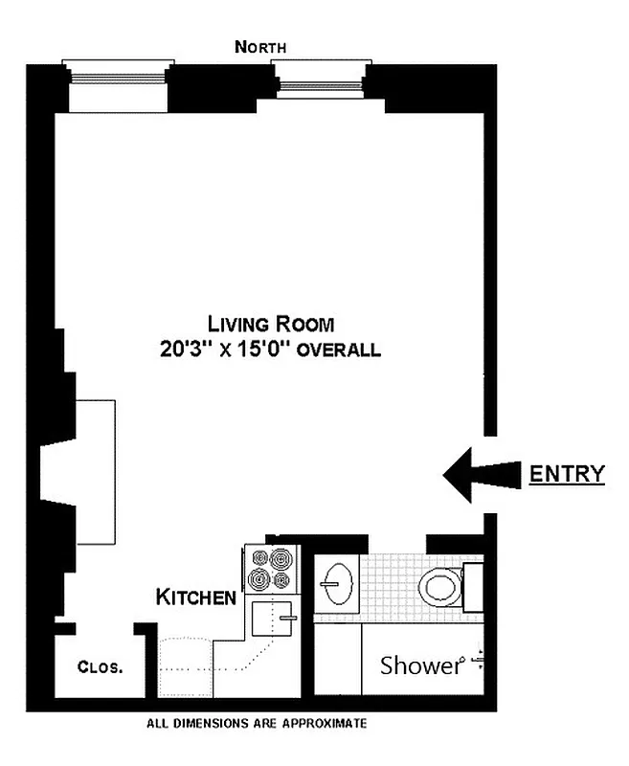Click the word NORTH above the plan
click(x=259, y=46)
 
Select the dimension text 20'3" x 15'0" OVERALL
click(x=271, y=349)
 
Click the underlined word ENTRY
click(x=568, y=473)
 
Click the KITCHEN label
click(x=196, y=598)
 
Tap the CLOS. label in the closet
click(x=100, y=667)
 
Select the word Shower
click(x=421, y=665)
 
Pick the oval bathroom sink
click(x=337, y=583)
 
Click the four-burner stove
click(x=271, y=569)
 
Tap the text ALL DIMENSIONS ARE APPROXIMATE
click(x=255, y=724)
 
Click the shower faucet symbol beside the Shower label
click(x=478, y=663)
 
